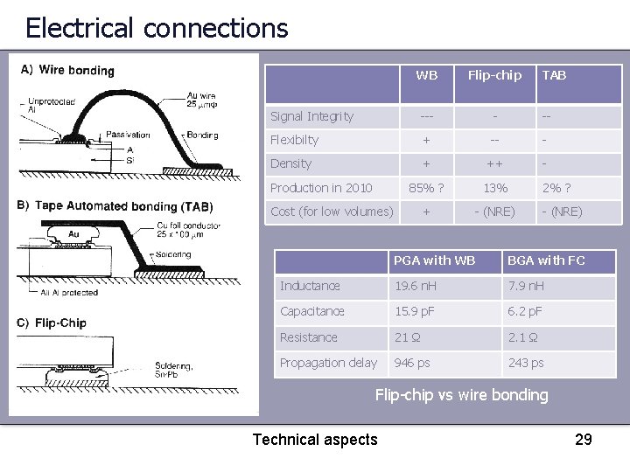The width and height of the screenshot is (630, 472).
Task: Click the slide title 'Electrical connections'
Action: (157, 28)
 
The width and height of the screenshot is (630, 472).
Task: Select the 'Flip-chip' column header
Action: (494, 75)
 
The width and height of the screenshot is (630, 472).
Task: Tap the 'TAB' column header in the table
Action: (554, 75)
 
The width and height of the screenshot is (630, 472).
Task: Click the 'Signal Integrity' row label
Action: (311, 116)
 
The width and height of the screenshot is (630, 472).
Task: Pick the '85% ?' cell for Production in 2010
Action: (427, 188)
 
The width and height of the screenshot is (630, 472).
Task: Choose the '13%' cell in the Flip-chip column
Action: (495, 188)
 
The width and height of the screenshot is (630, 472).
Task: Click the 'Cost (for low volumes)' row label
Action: (332, 212)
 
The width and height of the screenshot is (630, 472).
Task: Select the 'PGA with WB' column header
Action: (434, 260)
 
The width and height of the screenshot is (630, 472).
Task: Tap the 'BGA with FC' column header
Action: (546, 260)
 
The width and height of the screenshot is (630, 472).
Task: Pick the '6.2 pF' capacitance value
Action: (526, 311)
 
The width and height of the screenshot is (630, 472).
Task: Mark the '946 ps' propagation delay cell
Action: (412, 363)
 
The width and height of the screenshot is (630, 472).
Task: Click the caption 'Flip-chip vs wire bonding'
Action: (461, 395)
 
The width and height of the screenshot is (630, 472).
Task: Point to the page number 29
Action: (583, 439)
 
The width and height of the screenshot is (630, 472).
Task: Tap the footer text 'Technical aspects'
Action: (315, 440)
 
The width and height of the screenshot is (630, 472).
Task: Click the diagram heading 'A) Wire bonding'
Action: (67, 70)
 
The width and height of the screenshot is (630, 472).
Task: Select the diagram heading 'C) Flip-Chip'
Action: (52, 323)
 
